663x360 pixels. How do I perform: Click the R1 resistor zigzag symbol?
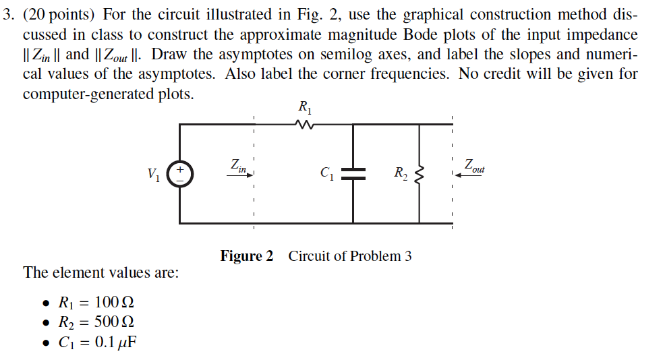[x=304, y=124]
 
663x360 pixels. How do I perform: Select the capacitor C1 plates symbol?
[x=353, y=174]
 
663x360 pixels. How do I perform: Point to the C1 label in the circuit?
[x=327, y=174]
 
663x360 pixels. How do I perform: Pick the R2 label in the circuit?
[x=401, y=174]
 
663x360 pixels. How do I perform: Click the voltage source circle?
[x=180, y=173]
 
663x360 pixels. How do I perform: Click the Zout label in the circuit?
[x=473, y=165]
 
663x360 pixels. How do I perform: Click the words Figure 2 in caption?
[x=247, y=256]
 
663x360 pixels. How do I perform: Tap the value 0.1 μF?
[x=115, y=342]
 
